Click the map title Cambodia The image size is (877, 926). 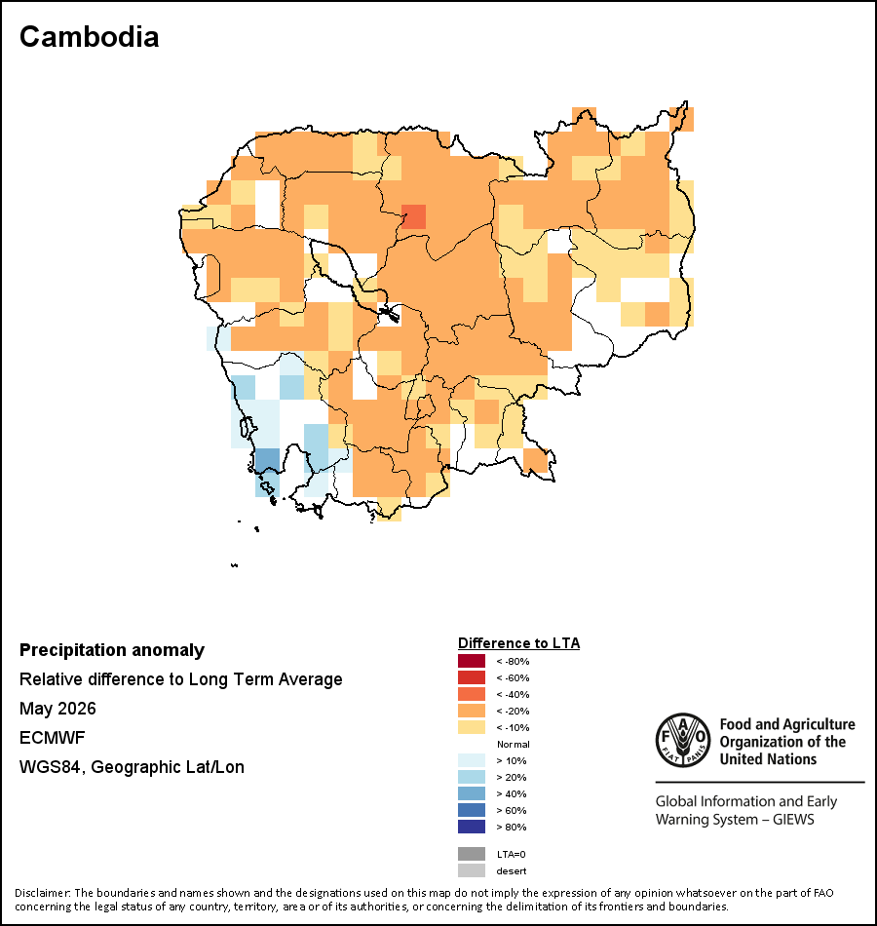(x=90, y=37)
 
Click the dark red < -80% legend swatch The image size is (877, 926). (x=472, y=661)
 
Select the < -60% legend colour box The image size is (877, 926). (x=472, y=677)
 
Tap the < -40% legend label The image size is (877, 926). (x=513, y=694)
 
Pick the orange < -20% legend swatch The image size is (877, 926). (x=472, y=711)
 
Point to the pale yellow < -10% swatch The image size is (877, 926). (x=472, y=727)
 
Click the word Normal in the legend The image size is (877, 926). (x=514, y=744)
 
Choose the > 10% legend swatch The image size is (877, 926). (x=472, y=760)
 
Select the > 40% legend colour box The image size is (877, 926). (x=472, y=793)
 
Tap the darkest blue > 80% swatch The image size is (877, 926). (x=472, y=827)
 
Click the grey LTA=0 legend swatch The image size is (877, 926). (x=472, y=854)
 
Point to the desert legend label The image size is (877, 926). (x=512, y=871)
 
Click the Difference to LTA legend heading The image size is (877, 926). (x=518, y=643)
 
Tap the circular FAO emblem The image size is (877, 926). (x=683, y=740)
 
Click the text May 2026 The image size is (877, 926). (x=57, y=709)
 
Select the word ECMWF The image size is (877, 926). (x=53, y=738)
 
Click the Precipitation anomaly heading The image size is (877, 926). (x=112, y=650)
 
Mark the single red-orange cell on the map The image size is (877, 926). (x=413, y=216)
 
